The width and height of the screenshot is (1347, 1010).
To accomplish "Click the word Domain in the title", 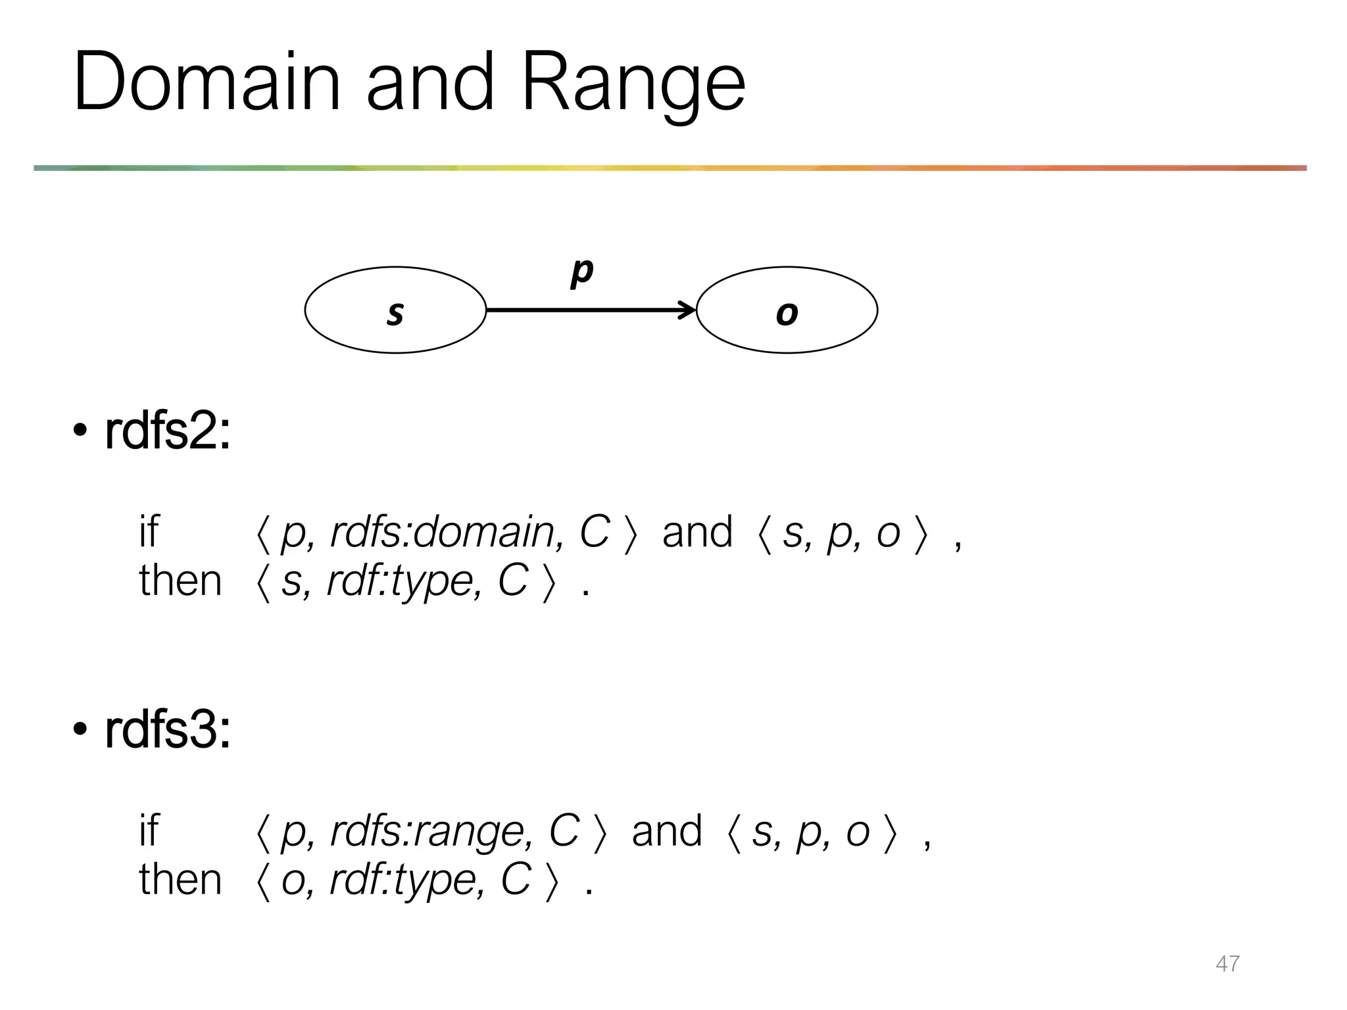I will click(207, 82).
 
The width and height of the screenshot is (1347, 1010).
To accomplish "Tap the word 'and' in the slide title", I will click(429, 82).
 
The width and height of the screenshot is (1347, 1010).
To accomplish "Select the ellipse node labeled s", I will click(395, 310).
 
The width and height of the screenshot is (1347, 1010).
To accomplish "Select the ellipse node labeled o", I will click(787, 310).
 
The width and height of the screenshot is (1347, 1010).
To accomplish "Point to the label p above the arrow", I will click(581, 270).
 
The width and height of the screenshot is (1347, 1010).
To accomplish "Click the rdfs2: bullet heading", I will click(168, 432).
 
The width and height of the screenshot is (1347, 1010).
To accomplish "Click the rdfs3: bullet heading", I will click(168, 731).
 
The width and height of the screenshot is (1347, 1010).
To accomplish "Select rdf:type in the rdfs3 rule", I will click(406, 880).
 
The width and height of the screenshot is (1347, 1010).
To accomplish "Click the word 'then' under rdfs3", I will click(180, 880).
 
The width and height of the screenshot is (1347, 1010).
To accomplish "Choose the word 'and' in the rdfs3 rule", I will click(667, 830).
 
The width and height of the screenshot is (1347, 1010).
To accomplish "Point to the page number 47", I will click(1227, 963).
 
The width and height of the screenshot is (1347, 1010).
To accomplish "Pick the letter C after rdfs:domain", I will click(594, 532).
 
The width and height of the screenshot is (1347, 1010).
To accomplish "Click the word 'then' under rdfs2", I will click(180, 581).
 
